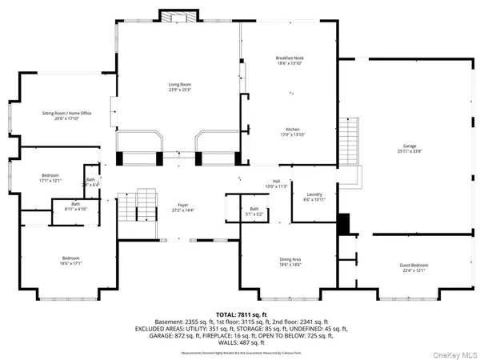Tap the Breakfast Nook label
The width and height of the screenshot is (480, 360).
(x=289, y=60)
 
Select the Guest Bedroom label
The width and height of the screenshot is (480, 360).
(x=414, y=267)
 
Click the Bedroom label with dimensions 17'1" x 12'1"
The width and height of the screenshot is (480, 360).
(x=50, y=178)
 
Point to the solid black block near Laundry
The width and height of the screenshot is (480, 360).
(x=345, y=225)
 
